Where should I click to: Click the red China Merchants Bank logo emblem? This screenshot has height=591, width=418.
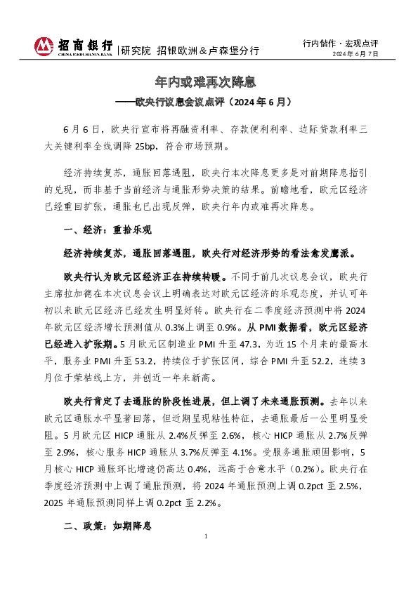pos(44,46)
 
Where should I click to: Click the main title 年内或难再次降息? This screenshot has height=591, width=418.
pos(209,82)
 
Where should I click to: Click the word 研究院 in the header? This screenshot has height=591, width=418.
pos(136,51)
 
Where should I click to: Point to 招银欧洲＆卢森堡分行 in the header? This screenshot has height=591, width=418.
pos(208,51)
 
